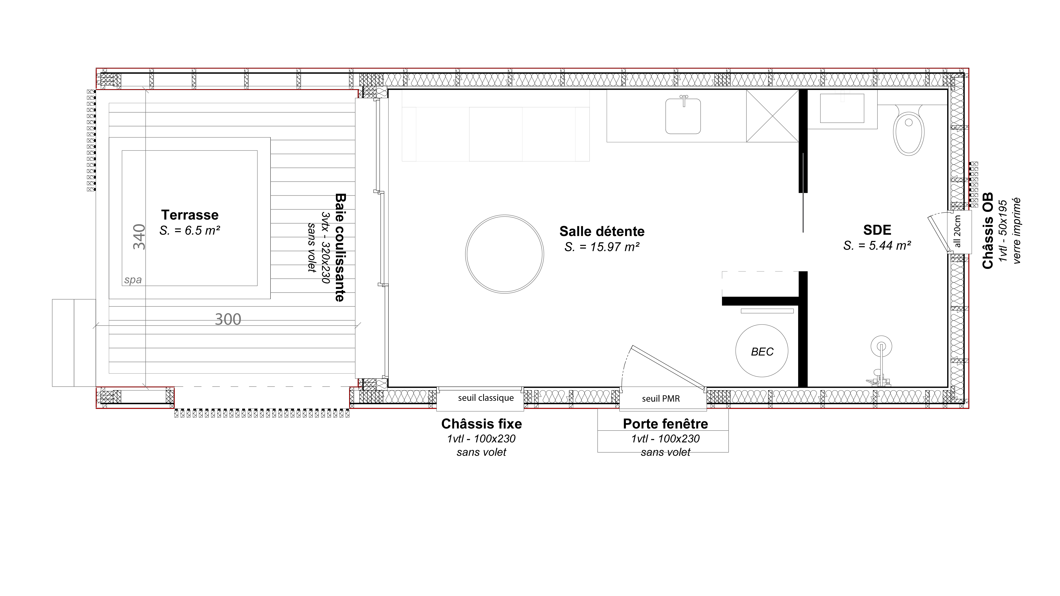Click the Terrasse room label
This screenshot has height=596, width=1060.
click(x=190, y=215)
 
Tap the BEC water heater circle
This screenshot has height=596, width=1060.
click(x=762, y=351)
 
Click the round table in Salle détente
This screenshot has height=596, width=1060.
click(x=504, y=254)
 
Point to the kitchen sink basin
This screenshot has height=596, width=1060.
click(x=683, y=117)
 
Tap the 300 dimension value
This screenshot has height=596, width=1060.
click(x=228, y=319)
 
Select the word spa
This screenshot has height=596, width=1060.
click(x=133, y=280)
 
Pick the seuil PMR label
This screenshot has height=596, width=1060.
click(x=661, y=398)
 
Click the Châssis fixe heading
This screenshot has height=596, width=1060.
click(x=481, y=424)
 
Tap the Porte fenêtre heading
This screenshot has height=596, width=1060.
click(x=665, y=424)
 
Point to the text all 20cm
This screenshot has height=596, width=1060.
click(x=957, y=231)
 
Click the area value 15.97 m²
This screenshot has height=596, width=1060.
click(x=602, y=247)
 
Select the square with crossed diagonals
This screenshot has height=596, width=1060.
click(x=772, y=116)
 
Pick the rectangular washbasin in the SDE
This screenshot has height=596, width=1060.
click(x=842, y=108)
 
